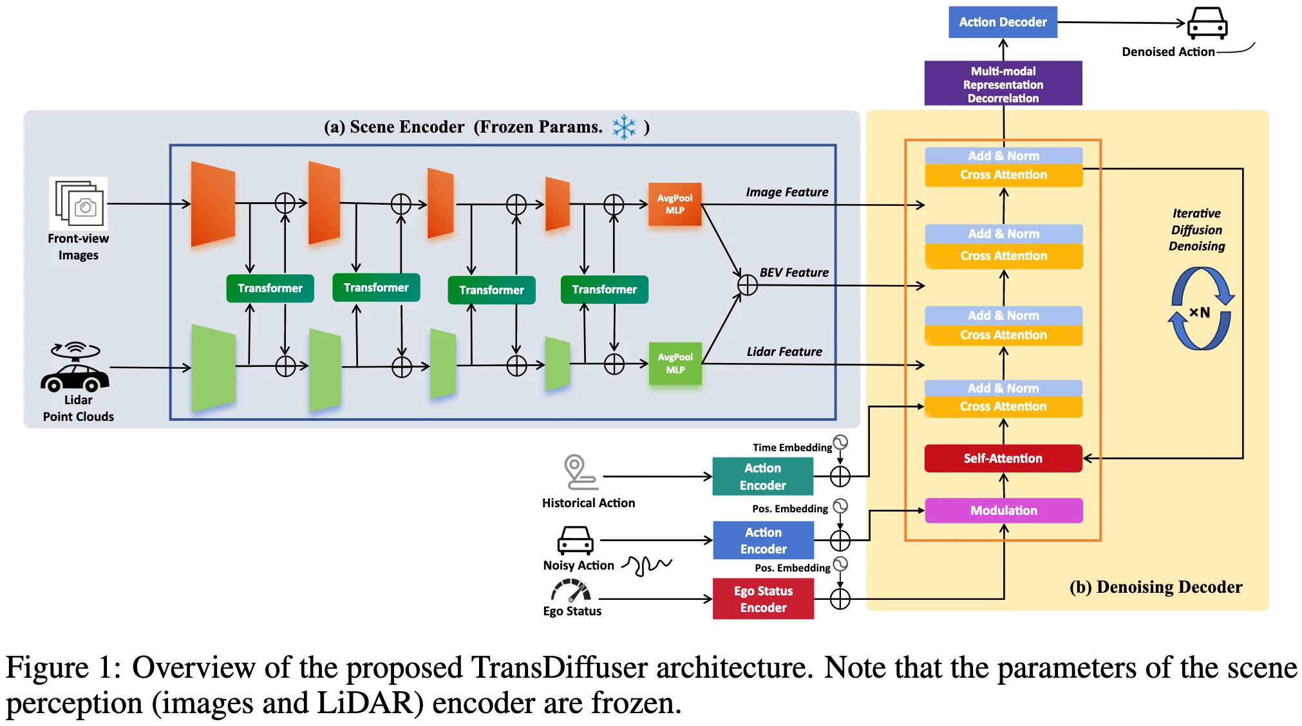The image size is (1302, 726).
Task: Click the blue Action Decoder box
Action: click(1002, 22)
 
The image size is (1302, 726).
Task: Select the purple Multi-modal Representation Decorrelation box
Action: click(1003, 84)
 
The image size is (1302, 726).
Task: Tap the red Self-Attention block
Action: click(1003, 458)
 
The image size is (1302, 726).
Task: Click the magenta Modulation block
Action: click(1003, 510)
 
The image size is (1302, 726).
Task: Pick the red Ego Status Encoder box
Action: click(763, 599)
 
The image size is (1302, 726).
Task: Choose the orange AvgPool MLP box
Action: click(674, 205)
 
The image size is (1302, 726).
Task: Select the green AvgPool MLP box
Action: click(675, 364)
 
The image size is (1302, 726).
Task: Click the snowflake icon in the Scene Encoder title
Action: click(623, 127)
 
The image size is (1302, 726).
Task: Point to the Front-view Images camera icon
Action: click(79, 203)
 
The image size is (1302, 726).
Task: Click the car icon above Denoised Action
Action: click(1207, 23)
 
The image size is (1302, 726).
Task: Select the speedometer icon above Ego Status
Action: click(571, 590)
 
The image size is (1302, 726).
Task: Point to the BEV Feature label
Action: click(794, 273)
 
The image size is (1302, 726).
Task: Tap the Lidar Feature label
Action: click(784, 352)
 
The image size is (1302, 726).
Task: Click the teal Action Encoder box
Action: click(762, 477)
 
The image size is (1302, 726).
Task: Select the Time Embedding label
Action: click(792, 447)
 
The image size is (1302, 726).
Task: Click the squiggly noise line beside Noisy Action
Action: click(647, 565)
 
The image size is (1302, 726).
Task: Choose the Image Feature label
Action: click(787, 192)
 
